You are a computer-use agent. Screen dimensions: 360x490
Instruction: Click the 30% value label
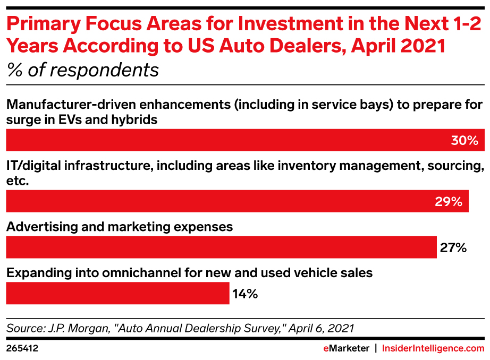[465, 141]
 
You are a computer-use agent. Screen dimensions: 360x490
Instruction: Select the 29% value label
[449, 202]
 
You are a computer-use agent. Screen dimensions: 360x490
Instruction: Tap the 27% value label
[453, 247]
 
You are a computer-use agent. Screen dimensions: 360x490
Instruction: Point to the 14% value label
[245, 294]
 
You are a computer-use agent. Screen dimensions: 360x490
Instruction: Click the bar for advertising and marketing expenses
[221, 247]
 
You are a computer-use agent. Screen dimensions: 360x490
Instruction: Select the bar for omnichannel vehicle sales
[117, 294]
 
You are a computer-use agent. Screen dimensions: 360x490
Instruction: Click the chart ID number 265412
[22, 349]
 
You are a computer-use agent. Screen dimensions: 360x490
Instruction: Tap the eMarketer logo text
[346, 349]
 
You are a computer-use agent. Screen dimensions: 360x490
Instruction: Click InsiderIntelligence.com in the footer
[433, 349]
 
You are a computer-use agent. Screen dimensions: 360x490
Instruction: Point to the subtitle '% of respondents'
[82, 70]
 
